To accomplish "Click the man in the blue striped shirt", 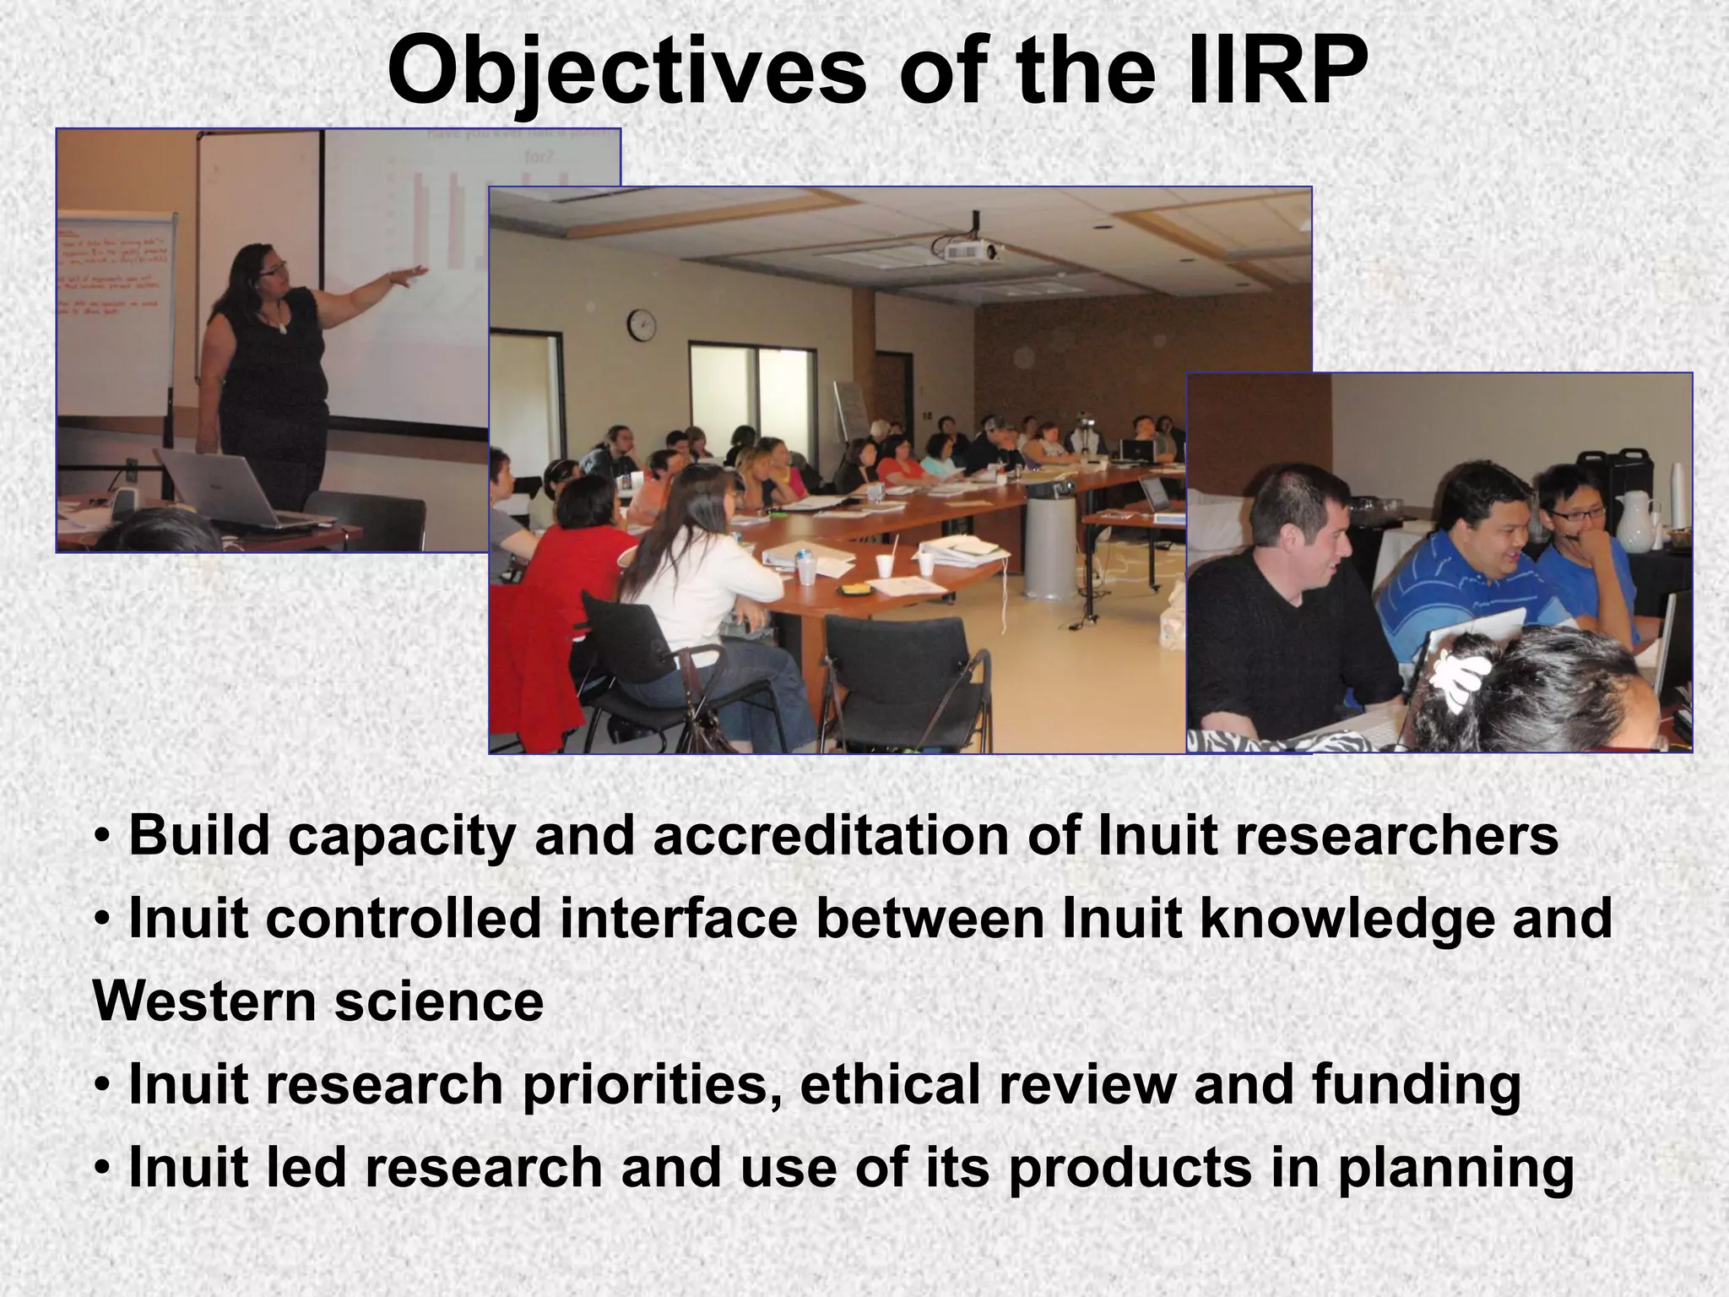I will coord(1469,574).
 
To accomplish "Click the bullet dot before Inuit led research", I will coord(102,1170).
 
